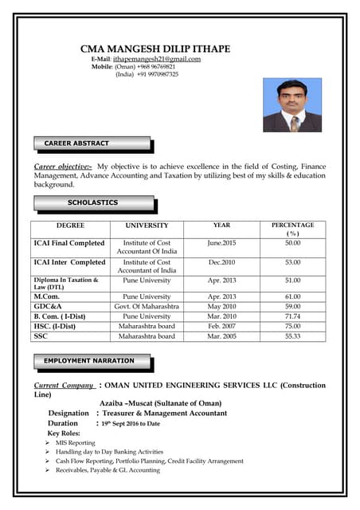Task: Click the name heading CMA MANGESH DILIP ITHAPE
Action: click(155, 49)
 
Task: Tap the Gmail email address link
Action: click(157, 59)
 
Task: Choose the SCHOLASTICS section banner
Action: click(92, 202)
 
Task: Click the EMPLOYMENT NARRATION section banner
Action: click(88, 361)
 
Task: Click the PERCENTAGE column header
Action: click(292, 226)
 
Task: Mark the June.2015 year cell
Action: click(221, 242)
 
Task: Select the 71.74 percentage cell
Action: click(292, 316)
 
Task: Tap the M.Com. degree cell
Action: click(49, 296)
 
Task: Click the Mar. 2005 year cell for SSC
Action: click(221, 336)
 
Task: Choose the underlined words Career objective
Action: click(63, 166)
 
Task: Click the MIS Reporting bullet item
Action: click(76, 442)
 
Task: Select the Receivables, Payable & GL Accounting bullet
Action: click(108, 470)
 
